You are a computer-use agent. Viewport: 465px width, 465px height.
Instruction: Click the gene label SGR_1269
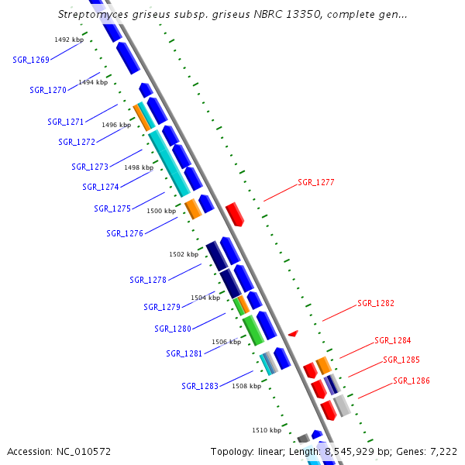[31, 60]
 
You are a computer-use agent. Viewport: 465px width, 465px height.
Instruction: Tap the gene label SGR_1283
[200, 386]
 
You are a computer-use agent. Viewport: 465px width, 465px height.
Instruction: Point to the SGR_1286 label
[411, 381]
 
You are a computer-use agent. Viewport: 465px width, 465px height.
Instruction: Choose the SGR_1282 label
[376, 303]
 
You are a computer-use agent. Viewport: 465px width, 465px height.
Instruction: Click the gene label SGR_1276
[125, 233]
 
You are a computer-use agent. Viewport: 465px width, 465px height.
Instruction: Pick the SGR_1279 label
[162, 307]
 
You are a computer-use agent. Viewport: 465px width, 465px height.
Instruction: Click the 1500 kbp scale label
[161, 211]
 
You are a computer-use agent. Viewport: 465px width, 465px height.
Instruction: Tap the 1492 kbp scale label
[69, 40]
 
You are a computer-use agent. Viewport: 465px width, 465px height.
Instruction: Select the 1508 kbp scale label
[246, 385]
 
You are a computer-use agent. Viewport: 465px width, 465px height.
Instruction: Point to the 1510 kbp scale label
[266, 429]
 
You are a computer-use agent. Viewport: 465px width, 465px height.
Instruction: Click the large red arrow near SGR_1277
[235, 214]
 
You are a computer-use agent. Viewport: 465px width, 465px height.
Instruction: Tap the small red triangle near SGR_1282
[293, 333]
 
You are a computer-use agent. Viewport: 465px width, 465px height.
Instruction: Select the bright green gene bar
[253, 330]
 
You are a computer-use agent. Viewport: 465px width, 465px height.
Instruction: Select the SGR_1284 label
[393, 340]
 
